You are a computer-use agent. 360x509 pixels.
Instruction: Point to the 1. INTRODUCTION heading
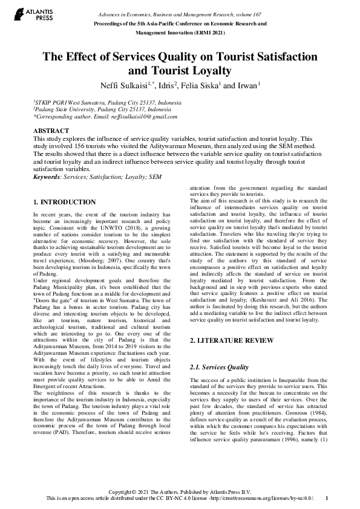click(64, 202)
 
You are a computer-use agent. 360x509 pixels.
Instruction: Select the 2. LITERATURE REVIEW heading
click(223, 341)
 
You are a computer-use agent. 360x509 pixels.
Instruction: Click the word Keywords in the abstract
click(50, 177)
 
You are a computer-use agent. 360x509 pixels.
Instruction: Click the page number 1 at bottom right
click(327, 498)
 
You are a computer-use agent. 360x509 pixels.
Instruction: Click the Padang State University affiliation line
click(98, 110)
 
